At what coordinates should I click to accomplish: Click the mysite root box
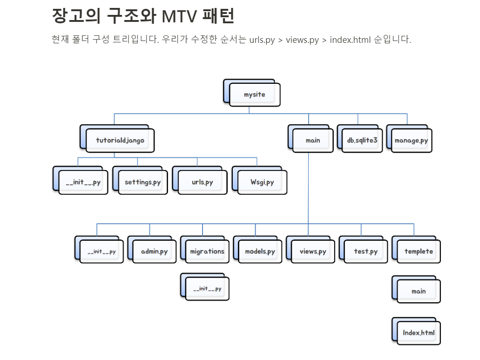254,95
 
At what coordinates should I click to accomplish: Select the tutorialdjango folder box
120,140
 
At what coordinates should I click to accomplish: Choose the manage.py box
411,140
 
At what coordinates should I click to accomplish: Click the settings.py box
142,182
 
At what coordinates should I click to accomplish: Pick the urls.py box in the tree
202,182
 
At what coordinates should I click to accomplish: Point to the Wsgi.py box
262,182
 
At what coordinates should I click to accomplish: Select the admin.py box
154,251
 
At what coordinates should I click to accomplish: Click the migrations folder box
207,251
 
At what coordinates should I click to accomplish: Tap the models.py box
260,251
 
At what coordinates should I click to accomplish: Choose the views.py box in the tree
313,251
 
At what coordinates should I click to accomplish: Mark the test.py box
365,251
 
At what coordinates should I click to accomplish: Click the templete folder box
419,251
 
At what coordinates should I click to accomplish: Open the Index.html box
419,333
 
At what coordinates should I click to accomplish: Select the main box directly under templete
419,291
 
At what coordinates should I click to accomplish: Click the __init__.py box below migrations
207,289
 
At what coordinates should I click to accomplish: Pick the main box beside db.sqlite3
313,140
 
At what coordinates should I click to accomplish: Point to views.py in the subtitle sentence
302,40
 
